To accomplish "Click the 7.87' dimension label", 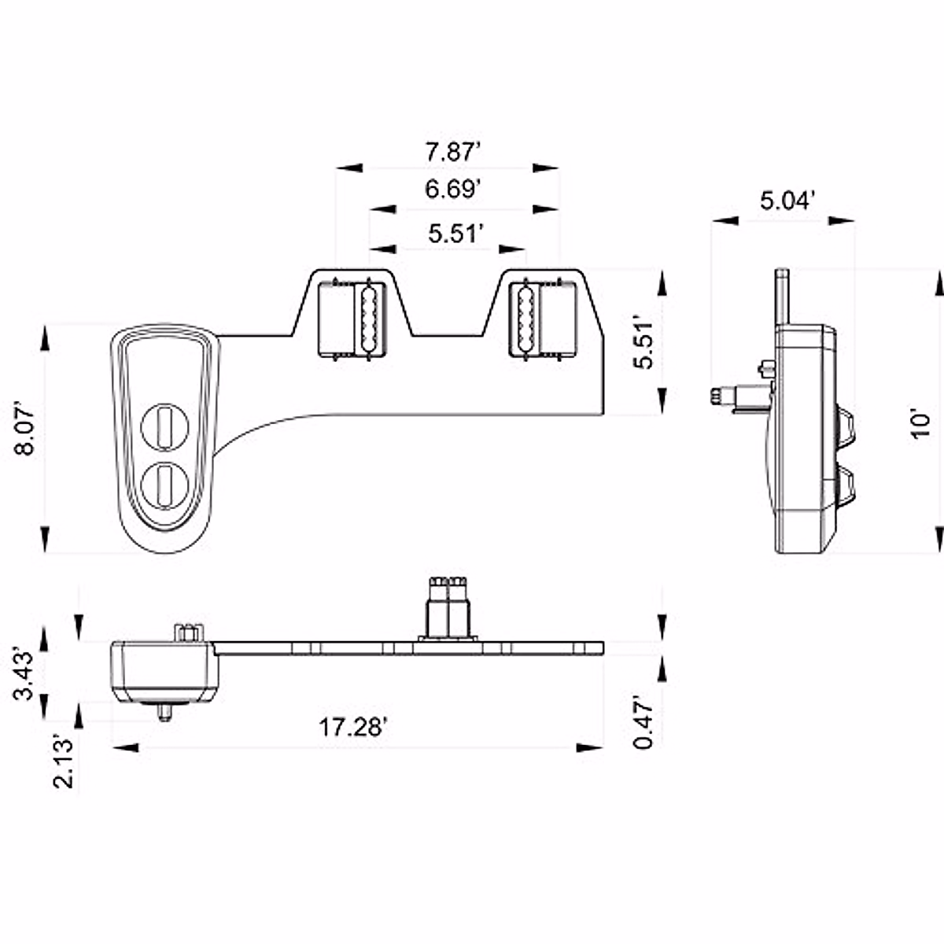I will [x=452, y=151].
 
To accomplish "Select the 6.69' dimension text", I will [x=452, y=190].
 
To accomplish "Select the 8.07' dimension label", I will [x=25, y=430].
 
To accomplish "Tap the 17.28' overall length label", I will [x=352, y=727].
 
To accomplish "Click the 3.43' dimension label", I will [x=25, y=674].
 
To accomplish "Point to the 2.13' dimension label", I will [x=63, y=761].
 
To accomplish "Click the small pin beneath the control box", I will [x=165, y=712].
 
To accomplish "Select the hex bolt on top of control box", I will [x=189, y=632].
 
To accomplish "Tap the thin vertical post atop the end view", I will [x=782, y=296].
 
